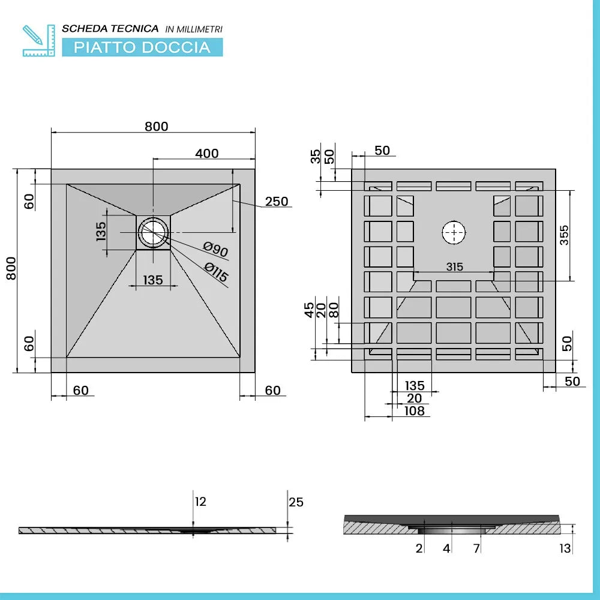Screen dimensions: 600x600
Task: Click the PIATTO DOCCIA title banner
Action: coord(142,47)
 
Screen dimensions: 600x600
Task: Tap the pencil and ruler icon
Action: coord(38,41)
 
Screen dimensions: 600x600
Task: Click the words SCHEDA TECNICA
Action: coord(110,29)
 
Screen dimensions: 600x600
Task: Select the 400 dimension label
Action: coord(207,154)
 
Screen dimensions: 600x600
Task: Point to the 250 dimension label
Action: coord(277,201)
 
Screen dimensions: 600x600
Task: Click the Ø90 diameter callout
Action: coord(216,250)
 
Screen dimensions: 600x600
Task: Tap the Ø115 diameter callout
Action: coord(216,272)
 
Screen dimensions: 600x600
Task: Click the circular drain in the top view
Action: coord(153,232)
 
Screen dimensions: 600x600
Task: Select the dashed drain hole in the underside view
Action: coord(454,232)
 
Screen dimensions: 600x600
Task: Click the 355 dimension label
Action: coord(565,235)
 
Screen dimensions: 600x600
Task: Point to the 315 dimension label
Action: coord(455,267)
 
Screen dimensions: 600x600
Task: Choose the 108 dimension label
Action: coord(415,411)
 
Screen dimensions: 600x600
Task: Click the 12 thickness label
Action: coord(200,502)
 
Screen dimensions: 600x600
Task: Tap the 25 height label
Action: coord(296,502)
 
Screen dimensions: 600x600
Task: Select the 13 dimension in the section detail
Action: coord(565,548)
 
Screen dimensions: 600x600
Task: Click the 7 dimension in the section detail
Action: coord(476,548)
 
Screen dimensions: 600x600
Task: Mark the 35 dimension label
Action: coord(316,157)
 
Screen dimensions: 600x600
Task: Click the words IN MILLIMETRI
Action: coord(194,29)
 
